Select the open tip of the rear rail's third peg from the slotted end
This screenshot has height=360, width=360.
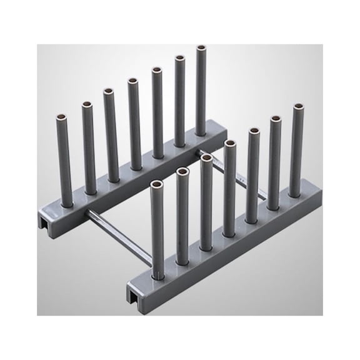[108, 91]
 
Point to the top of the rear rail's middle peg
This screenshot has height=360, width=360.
[132, 81]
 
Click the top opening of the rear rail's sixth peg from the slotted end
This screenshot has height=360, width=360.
[179, 59]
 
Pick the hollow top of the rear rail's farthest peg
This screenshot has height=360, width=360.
[201, 47]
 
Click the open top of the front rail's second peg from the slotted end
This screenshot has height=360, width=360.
[182, 171]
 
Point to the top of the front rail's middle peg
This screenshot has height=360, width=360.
[230, 144]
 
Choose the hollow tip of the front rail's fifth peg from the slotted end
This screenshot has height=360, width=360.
[254, 131]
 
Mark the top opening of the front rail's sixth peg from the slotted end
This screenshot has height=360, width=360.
[275, 119]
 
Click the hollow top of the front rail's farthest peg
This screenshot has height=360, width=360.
[297, 107]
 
